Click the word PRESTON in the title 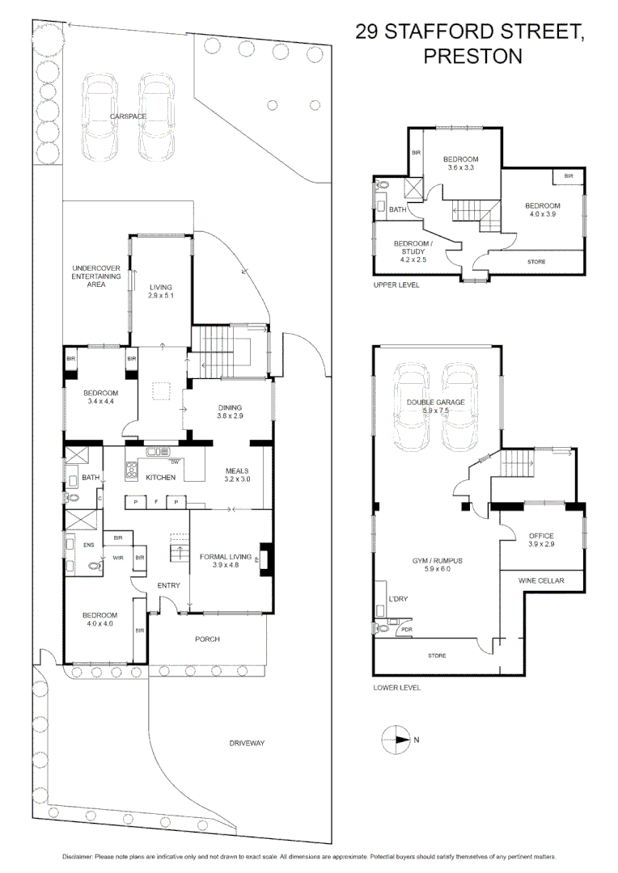473,57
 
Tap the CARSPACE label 128,116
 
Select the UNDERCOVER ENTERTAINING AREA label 96,276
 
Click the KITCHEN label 161,478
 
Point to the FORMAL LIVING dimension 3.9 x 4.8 225,565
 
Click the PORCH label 207,639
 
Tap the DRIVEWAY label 247,743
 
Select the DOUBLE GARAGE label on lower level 436,402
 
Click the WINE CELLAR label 542,580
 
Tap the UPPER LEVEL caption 396,285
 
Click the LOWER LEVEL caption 396,687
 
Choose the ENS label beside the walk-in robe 89,545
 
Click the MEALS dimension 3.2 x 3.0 238,479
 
